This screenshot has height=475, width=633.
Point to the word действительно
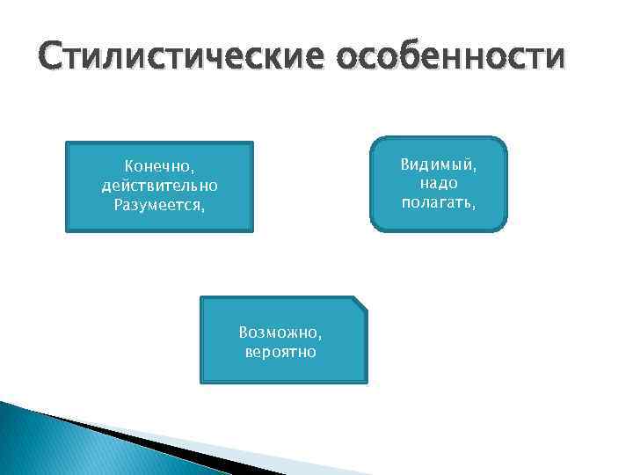pos(160,186)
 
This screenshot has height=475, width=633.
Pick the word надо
pos(439,183)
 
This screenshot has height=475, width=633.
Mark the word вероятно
pos(281,353)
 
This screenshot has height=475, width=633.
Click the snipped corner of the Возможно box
pos(360,303)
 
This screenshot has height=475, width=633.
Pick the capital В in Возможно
pos(244,333)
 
